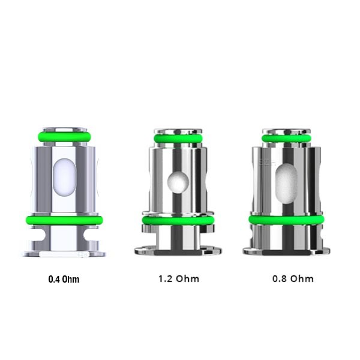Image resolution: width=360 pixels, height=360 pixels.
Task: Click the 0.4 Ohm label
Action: tap(64, 279)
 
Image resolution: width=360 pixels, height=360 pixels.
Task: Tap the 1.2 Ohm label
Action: tap(179, 279)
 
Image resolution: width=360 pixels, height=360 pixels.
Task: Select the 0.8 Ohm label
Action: tap(293, 279)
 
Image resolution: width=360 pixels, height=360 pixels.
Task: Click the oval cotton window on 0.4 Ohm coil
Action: tap(64, 177)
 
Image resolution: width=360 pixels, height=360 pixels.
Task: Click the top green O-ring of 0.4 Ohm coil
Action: tap(64, 137)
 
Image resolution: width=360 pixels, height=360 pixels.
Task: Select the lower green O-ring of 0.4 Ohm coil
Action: tap(64, 220)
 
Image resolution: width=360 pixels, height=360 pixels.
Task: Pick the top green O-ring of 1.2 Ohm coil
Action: tap(178, 139)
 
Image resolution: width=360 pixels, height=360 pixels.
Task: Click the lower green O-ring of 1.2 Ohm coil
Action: tap(178, 220)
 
